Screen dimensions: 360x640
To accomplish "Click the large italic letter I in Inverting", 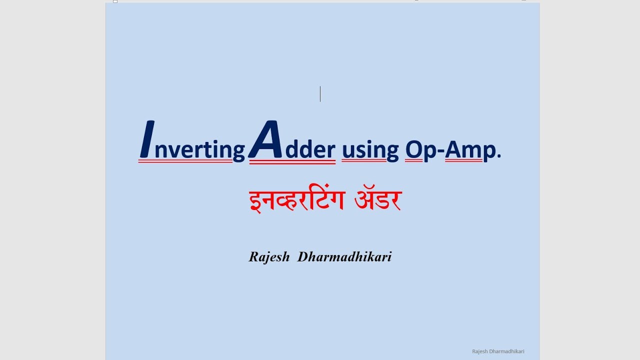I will [147, 139].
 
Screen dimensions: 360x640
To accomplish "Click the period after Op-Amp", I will [499, 156].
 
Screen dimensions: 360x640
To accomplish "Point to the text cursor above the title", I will [320, 94].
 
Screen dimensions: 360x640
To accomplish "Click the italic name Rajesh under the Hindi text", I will [269, 257].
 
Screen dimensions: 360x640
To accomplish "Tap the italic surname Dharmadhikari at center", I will [344, 257].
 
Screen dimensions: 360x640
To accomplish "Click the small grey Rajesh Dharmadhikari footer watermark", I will [498, 351].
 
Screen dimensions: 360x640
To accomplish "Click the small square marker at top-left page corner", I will [115, 1].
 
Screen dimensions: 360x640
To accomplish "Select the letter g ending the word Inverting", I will [239, 151].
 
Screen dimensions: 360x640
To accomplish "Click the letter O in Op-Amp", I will [414, 149].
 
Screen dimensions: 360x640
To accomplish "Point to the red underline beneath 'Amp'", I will [463, 161].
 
